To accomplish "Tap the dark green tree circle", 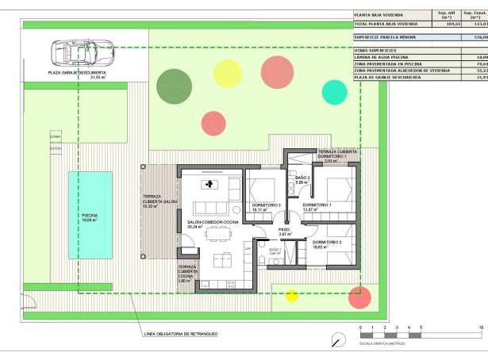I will tap(173, 83).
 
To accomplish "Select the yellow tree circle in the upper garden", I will tap(228, 73).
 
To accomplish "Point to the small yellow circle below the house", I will tap(292, 297).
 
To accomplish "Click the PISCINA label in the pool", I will tap(89, 216).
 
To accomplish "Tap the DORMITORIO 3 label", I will tap(266, 206).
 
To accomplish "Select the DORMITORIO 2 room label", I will tap(327, 243).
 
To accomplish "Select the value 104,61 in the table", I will tap(453, 25).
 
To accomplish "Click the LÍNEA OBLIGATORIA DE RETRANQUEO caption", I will tap(181, 334).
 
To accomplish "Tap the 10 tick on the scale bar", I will tap(482, 327).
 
